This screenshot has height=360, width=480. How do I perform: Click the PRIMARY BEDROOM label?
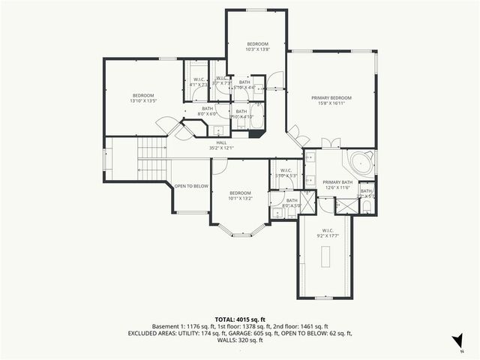tap(331, 97)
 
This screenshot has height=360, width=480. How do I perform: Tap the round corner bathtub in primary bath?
tap(359, 163)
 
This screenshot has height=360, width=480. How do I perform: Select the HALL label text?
tap(221, 142)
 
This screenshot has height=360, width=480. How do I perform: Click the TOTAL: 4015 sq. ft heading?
tap(239, 319)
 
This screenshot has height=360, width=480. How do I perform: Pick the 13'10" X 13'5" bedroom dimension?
tap(144, 100)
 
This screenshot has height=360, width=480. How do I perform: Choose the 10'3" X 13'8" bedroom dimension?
tap(257, 49)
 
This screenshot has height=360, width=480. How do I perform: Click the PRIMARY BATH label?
tap(337, 182)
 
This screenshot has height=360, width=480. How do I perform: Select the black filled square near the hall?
tap(257, 136)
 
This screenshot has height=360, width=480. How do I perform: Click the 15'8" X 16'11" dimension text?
tap(331, 104)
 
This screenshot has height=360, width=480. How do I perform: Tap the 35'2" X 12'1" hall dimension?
tap(221, 148)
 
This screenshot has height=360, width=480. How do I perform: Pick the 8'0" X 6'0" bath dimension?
tap(207, 114)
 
